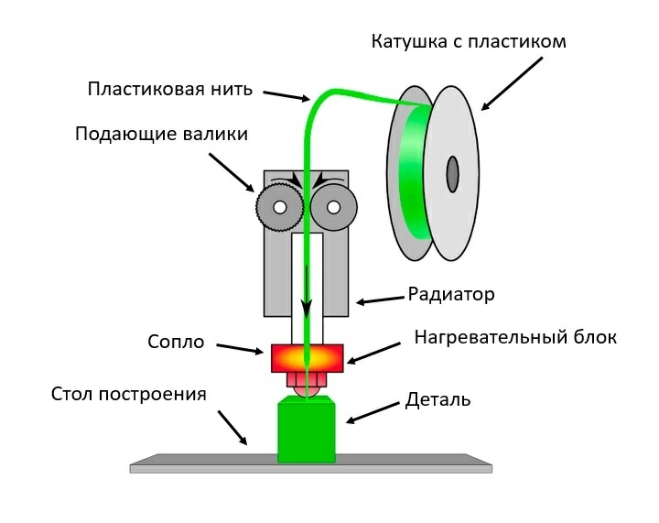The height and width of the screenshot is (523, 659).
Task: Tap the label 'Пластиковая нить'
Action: point(169,90)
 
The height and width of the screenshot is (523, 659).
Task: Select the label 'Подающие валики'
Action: point(161,135)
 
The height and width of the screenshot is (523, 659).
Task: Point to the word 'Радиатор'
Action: point(451,295)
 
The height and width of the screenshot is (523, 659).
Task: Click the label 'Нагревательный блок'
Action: point(515,337)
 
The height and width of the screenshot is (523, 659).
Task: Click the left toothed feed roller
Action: point(278,208)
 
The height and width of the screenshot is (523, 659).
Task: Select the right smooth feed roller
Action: point(332,208)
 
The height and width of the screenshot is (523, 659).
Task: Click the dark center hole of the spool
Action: point(452,174)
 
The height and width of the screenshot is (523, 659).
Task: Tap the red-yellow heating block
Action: point(308,357)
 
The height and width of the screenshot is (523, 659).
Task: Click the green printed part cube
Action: point(307,430)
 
